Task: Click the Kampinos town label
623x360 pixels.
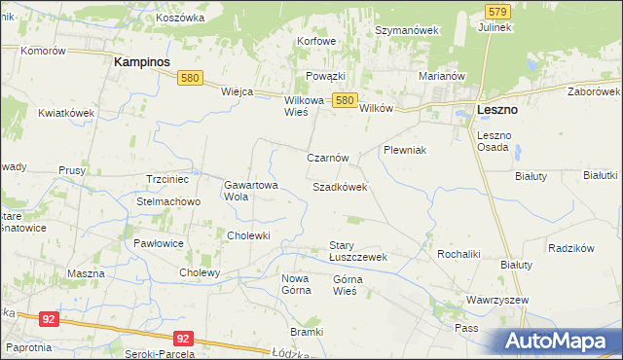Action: click(142, 61)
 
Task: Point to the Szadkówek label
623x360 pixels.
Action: click(340, 186)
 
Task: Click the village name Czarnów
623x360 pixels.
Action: click(327, 158)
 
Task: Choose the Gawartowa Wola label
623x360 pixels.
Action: click(251, 190)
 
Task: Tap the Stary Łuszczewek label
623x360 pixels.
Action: click(358, 251)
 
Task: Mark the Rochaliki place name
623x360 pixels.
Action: click(459, 253)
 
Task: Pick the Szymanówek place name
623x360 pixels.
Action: click(408, 30)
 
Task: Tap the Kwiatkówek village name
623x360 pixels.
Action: click(66, 113)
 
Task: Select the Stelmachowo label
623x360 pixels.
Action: click(168, 201)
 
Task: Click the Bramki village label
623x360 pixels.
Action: click(306, 332)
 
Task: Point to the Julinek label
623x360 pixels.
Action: click(495, 27)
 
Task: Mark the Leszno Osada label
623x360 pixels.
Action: click(494, 140)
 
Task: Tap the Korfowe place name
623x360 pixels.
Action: click(317, 41)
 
